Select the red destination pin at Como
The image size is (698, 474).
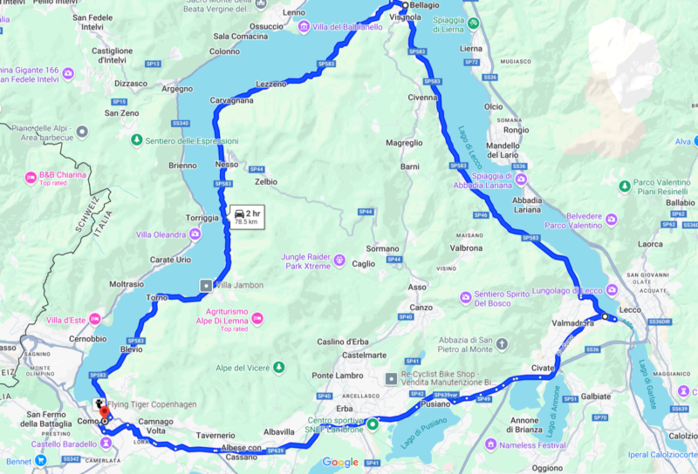104,410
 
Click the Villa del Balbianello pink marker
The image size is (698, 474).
304,27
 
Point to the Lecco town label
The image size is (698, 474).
630,309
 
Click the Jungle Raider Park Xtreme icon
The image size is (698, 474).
339,261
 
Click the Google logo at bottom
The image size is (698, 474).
340,462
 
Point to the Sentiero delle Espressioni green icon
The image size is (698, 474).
136,140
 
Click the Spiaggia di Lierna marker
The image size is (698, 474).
473,23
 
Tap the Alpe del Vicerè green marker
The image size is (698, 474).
278,367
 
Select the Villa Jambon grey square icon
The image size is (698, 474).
206,285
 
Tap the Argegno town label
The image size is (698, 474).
177,88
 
